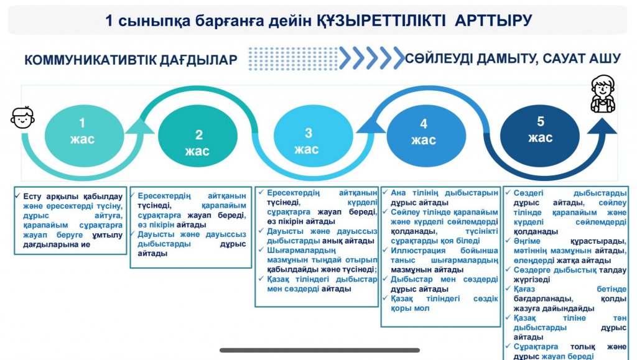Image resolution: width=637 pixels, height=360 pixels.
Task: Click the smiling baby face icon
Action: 22,118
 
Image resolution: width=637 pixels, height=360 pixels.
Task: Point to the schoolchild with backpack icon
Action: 603,93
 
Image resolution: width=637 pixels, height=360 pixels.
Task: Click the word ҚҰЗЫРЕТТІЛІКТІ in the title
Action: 381,21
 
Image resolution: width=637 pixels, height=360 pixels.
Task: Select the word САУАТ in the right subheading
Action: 565,58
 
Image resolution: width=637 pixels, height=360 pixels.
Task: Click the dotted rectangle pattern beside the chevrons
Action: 293,59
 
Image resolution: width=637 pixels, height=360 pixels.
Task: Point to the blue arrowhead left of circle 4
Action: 371,124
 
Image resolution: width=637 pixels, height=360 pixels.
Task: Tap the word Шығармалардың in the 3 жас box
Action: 302,250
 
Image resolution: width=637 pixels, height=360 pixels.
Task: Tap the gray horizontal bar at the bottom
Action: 320,350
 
